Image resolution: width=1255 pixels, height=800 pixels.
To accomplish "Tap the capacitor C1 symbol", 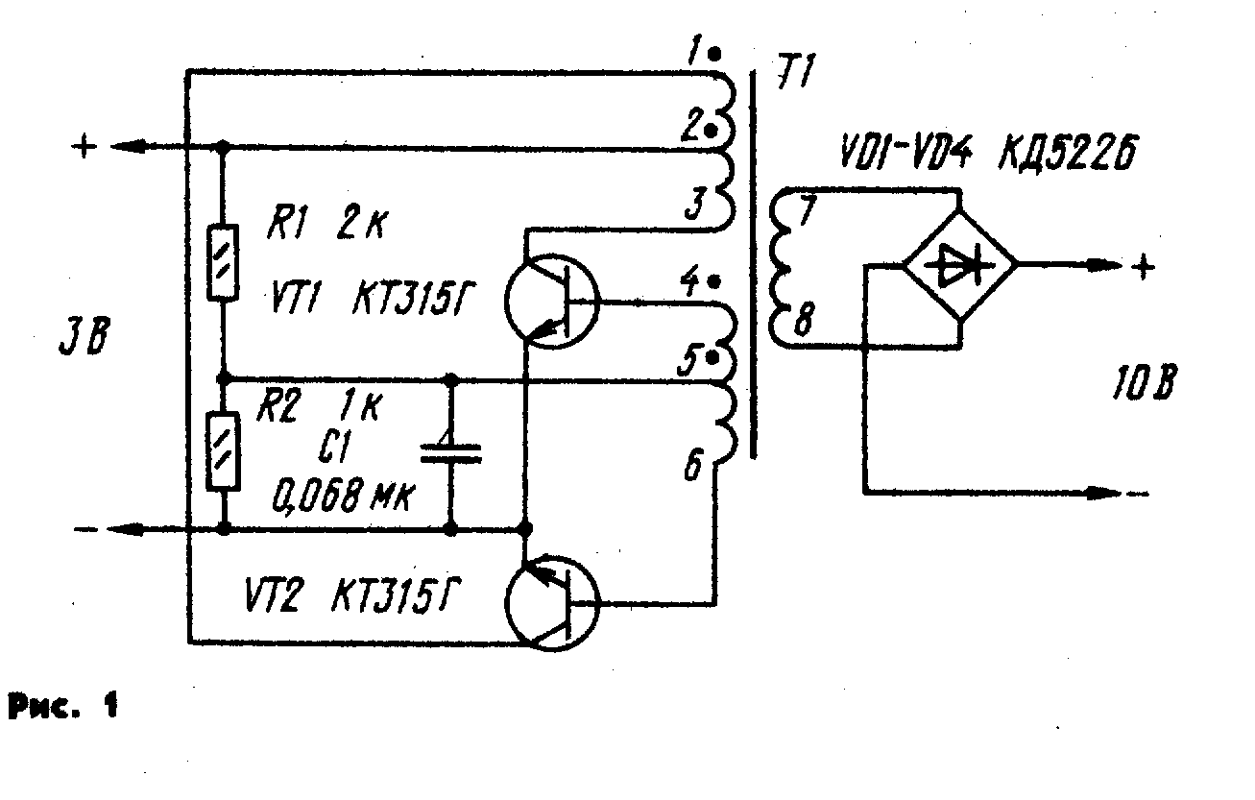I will pyautogui.click(x=450, y=451).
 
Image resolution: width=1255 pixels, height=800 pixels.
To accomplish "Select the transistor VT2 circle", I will pyautogui.click(x=551, y=602).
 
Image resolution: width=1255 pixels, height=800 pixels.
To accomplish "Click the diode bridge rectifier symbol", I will pyautogui.click(x=961, y=266).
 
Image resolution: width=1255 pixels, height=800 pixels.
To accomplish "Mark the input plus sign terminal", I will pyautogui.click(x=84, y=147).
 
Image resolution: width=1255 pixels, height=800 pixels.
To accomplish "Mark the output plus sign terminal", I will pyautogui.click(x=1143, y=267).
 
